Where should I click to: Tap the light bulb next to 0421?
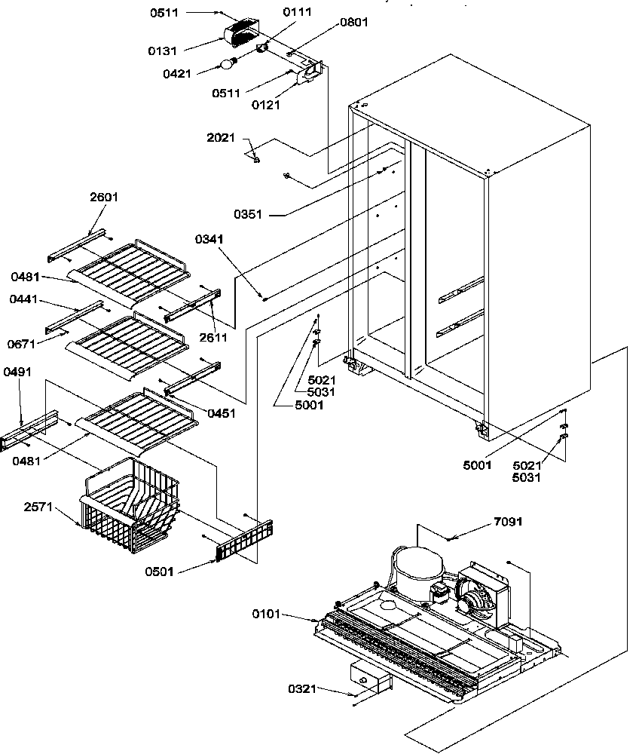pyautogui.click(x=225, y=64)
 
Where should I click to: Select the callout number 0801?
pyautogui.click(x=353, y=23)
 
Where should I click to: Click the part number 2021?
pyautogui.click(x=222, y=138)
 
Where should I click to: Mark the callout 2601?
pyautogui.click(x=104, y=197)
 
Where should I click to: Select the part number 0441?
pyautogui.click(x=25, y=299)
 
